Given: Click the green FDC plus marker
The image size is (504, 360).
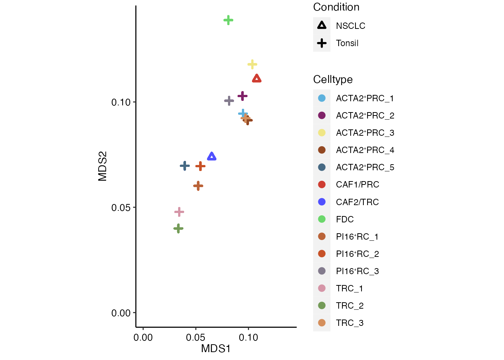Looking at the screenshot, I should pos(228,20).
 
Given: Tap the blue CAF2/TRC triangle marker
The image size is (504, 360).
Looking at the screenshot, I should pos(212,156).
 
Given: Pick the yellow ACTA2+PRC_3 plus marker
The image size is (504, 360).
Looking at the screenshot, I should pos(252,64).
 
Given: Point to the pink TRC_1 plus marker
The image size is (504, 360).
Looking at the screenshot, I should pos(179,212).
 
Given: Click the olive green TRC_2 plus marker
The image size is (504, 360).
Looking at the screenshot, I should pos(178,228).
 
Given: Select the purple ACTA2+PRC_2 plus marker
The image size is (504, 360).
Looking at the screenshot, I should pos(243,96).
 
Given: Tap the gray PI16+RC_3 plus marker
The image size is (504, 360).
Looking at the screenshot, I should pos(229,100).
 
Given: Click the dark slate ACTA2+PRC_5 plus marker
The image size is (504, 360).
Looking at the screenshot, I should pos(185,166).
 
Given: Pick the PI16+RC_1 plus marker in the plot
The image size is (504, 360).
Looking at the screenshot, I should pos(198,186).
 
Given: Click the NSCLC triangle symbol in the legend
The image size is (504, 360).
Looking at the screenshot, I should pos(322,25).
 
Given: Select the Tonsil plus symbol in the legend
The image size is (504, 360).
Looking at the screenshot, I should pos(322,43).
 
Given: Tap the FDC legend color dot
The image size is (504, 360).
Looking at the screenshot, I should pos(322,219).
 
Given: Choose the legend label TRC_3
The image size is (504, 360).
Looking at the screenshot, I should pos(349,323).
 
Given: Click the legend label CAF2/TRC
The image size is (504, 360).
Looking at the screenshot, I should pos(357,202).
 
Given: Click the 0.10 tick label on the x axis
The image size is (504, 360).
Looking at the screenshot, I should pos(248,337).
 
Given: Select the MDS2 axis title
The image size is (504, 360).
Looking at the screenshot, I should pos(102,166).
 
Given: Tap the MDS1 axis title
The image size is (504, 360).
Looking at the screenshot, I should pos(216,349).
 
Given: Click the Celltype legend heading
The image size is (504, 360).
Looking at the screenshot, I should pos(333,79).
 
